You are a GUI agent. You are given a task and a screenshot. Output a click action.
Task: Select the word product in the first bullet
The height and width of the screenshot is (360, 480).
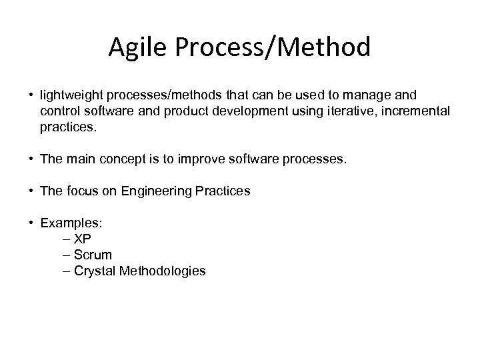[193, 110]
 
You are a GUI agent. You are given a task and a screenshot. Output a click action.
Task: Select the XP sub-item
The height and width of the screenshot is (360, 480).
[82, 239]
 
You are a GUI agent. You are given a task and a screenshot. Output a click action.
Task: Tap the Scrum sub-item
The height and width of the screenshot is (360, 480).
[93, 255]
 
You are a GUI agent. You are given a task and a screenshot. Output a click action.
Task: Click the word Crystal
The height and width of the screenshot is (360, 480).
[94, 271]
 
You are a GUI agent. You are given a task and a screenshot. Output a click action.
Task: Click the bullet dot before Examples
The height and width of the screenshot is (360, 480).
[33, 223]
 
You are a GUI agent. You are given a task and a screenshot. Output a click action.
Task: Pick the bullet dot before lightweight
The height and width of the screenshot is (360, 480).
[33, 96]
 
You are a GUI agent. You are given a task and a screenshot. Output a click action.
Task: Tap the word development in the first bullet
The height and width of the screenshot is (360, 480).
[251, 110]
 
